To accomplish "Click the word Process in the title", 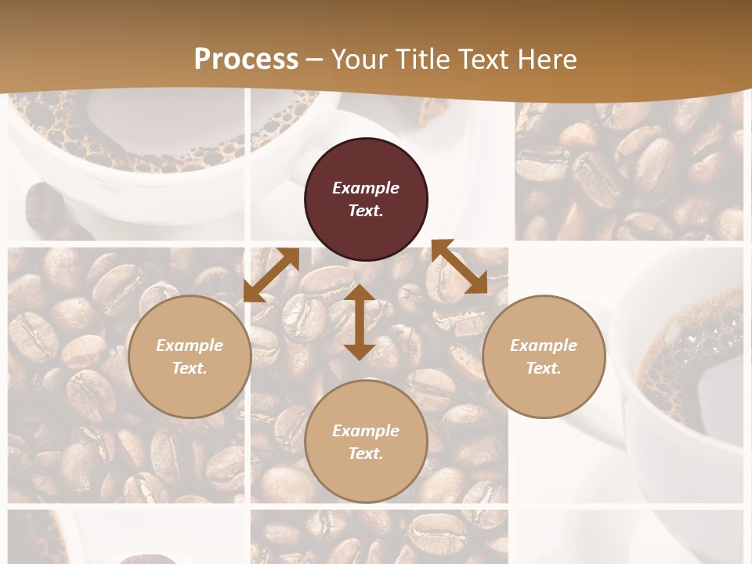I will point(246,59).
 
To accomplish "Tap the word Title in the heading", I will point(423,59).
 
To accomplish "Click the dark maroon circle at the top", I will point(366,200).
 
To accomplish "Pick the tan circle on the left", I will point(190,356).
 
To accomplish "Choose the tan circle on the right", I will point(544,356).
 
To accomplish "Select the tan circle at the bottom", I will point(366,442).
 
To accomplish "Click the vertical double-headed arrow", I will point(360,322).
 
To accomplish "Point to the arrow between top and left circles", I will point(271,275).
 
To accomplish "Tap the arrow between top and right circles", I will point(459,266).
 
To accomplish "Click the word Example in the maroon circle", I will point(366,188).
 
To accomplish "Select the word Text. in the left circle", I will point(190,368).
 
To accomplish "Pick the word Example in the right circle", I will point(544,345).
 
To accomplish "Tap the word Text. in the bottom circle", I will point(366,454).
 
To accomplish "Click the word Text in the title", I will point(483,59).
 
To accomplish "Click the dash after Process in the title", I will point(315,60).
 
